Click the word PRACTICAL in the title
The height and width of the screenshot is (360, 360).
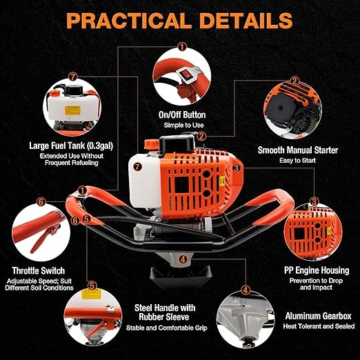[129, 21]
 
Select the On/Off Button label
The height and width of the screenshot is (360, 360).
[182, 115]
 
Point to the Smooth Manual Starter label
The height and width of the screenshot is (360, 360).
[298, 150]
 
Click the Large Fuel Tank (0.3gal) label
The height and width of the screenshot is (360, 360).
[71, 146]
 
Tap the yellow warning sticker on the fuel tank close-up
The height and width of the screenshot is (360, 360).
[72, 110]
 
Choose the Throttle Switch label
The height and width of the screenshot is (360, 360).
[39, 271]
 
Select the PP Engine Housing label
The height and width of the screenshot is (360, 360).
[317, 270]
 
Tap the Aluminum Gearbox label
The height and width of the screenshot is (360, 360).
[318, 316]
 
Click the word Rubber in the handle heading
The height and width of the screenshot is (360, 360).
[151, 317]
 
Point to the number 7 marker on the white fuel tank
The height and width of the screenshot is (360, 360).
[137, 167]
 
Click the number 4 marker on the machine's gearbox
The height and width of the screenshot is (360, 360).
[183, 259]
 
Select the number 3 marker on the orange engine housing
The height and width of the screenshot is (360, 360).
[236, 168]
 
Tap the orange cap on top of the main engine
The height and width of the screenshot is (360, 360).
[152, 145]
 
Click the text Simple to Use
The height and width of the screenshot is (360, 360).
[183, 126]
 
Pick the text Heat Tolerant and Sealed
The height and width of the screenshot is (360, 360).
[319, 326]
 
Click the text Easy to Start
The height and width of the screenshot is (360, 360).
[297, 161]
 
